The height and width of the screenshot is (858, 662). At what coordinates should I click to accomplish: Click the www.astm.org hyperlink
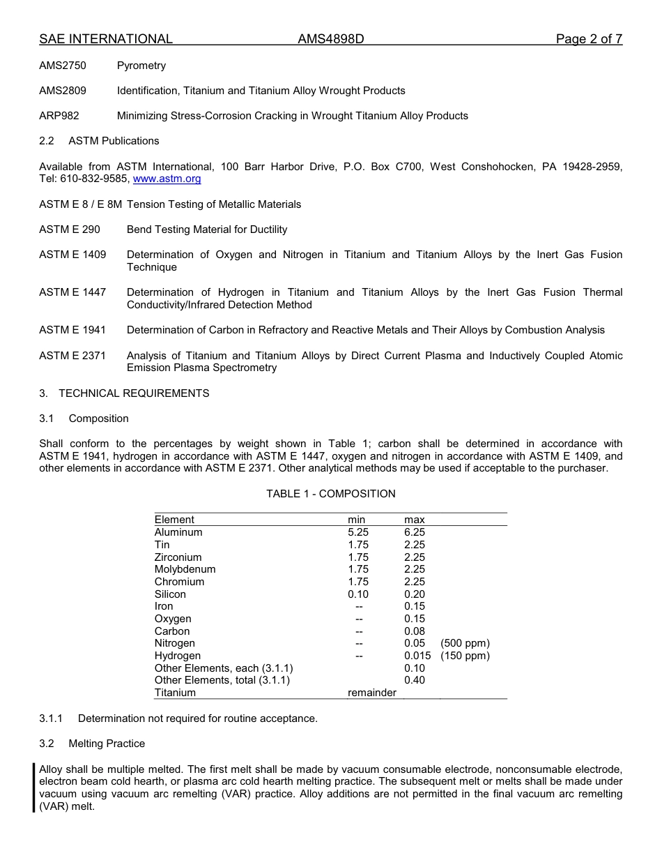click(167, 179)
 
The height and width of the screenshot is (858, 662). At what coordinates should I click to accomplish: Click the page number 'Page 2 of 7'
click(589, 39)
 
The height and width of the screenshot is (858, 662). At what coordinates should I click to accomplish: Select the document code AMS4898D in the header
click(330, 39)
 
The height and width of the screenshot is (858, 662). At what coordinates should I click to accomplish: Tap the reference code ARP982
click(59, 116)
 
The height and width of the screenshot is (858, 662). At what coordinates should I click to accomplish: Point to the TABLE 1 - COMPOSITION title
click(330, 494)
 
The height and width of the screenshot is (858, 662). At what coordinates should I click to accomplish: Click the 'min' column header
click(356, 520)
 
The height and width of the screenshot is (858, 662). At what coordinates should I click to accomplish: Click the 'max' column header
click(414, 520)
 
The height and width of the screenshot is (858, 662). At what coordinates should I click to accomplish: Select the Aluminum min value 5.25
click(358, 532)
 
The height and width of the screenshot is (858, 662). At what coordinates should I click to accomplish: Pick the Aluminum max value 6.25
click(415, 532)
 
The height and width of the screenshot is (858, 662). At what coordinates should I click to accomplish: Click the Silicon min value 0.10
click(358, 594)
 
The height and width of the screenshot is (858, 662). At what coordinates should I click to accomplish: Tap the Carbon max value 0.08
click(415, 631)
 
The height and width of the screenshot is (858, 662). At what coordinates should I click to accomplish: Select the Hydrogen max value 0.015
click(417, 656)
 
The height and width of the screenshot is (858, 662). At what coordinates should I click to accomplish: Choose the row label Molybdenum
click(185, 569)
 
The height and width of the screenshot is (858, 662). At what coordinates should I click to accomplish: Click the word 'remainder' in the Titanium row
click(372, 693)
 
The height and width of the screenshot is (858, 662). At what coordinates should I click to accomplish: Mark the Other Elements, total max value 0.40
click(415, 680)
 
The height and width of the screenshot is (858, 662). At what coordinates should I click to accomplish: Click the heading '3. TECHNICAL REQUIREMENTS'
click(124, 393)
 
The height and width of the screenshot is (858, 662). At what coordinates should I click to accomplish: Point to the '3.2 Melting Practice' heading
click(92, 744)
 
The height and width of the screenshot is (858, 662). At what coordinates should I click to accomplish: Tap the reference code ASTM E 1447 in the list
click(72, 292)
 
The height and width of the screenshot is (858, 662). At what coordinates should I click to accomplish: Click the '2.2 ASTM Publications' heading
click(99, 141)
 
